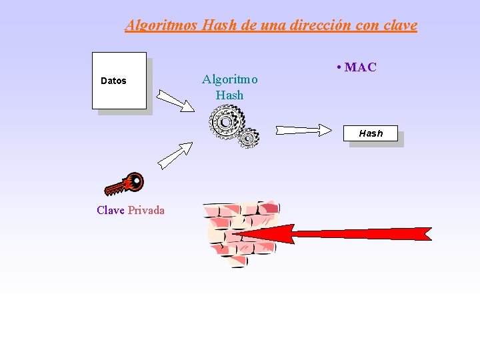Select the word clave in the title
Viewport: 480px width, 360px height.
coord(400,26)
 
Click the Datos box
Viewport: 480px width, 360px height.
coord(119,81)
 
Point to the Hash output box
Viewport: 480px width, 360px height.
coord(371,133)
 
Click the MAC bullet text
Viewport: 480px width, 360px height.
coord(360,67)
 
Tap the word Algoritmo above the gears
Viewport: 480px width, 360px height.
coord(229,79)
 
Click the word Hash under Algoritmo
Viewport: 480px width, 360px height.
coord(229,95)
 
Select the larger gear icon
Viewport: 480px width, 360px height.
coord(224,122)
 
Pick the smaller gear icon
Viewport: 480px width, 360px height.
coord(248,137)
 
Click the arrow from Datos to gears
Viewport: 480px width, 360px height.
coord(174,101)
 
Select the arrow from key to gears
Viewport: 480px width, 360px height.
coord(175,155)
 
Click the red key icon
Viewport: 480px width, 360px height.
coord(125,184)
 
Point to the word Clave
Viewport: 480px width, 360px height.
coord(110,211)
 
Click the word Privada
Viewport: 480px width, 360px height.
coord(146,211)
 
